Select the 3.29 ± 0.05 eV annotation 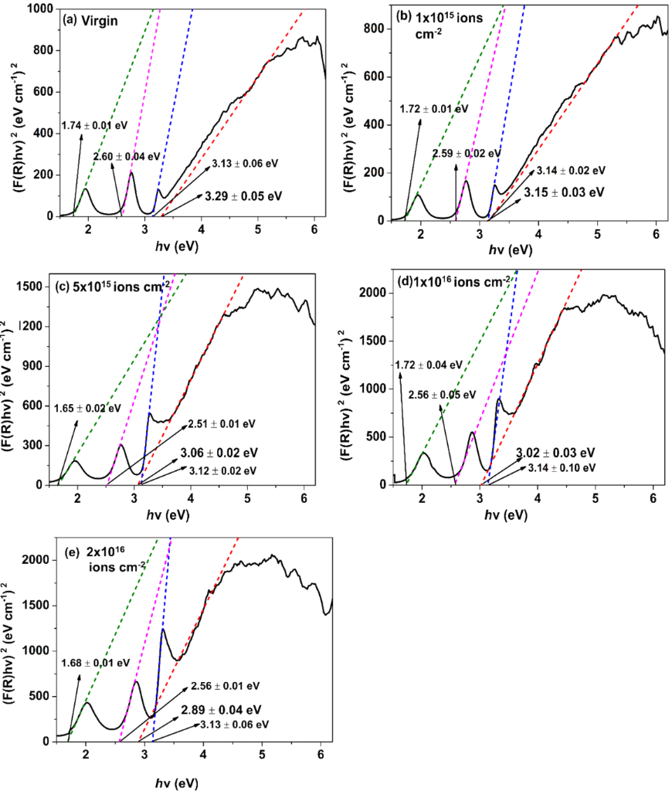coord(243,196)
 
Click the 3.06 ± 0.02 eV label coord(219,453)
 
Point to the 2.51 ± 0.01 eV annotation coord(221,424)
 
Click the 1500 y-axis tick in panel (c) coord(33,286)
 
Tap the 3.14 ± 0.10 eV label coord(562,467)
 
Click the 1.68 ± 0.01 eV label coord(93,659)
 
